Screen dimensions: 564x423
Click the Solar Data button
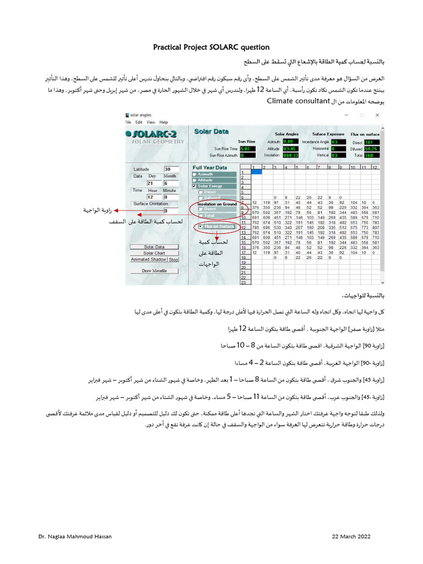point(154,247)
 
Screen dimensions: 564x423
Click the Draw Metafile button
point(154,270)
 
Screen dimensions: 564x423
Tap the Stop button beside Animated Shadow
point(173,259)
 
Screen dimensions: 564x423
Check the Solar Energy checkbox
point(195,186)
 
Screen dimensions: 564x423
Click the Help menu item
point(164,122)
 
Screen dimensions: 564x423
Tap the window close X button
point(377,115)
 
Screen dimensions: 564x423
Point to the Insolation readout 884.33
point(290,155)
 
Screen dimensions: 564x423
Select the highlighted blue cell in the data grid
point(257,172)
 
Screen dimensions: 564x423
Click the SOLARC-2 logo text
point(156,134)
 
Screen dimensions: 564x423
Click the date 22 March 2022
point(351,536)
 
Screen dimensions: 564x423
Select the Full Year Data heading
point(209,167)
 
